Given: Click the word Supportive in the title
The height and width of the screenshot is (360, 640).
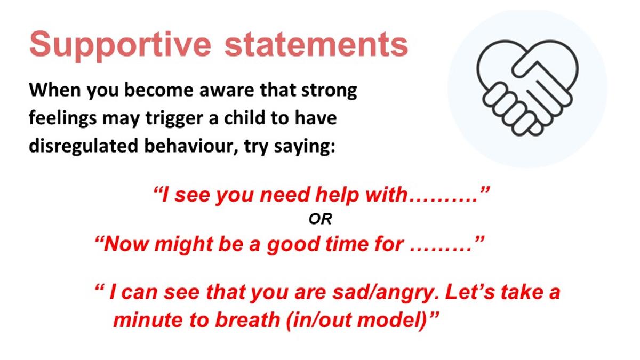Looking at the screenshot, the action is point(120,46).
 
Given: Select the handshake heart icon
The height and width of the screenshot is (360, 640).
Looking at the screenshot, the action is point(527,87).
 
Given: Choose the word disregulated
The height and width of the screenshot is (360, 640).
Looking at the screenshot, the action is point(83,146).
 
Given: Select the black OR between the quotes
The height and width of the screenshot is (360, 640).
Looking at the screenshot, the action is point(320,219).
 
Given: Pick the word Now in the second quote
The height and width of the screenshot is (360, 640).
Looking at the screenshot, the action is point(126,244).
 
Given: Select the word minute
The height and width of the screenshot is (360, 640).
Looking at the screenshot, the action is point(148,319).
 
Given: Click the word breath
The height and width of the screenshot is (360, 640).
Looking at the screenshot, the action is point(247,319).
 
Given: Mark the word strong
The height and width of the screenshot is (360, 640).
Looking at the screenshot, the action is point(329,91).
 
